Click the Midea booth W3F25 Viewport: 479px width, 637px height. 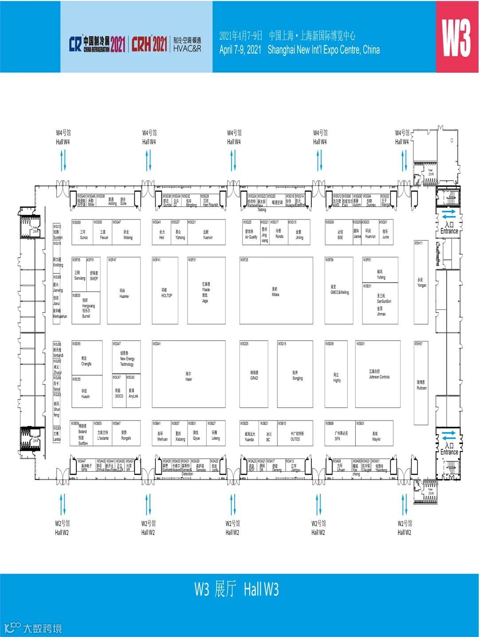[x=276, y=291]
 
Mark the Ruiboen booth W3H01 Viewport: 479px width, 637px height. [x=421, y=384]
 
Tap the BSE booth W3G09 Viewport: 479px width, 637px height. [x=340, y=234]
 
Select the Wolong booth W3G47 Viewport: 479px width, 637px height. [x=128, y=234]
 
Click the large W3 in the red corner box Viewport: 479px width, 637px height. [x=457, y=37]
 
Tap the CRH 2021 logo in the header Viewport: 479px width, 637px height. [x=149, y=44]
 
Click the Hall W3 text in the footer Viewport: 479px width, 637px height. [x=261, y=590]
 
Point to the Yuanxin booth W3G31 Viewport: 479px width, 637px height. [x=208, y=234]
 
